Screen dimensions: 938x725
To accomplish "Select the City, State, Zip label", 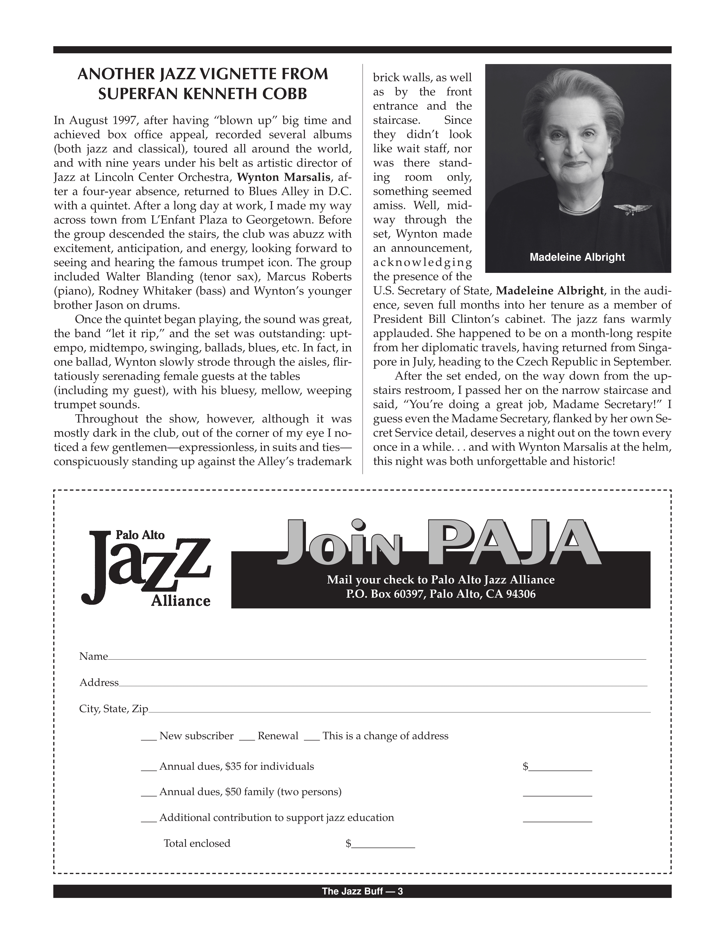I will [113, 709].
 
